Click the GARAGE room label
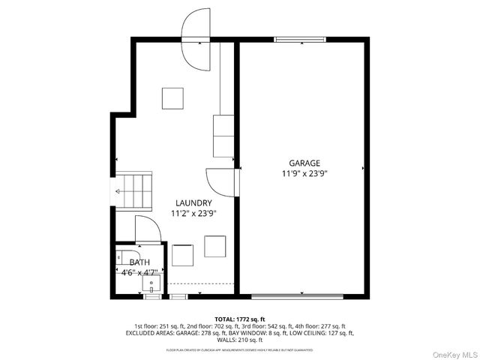pos(304,163)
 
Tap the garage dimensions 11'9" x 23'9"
pos(304,173)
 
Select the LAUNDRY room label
pos(193,202)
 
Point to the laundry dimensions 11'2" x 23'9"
pos(193,213)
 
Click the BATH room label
pos(139,262)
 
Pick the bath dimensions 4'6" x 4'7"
pos(139,273)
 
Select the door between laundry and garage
pos(223,181)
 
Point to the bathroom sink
pos(153,283)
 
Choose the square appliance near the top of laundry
pos(172,98)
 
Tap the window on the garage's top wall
pos(300,39)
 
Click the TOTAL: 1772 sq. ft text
pos(240,319)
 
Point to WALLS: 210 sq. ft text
pos(240,340)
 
